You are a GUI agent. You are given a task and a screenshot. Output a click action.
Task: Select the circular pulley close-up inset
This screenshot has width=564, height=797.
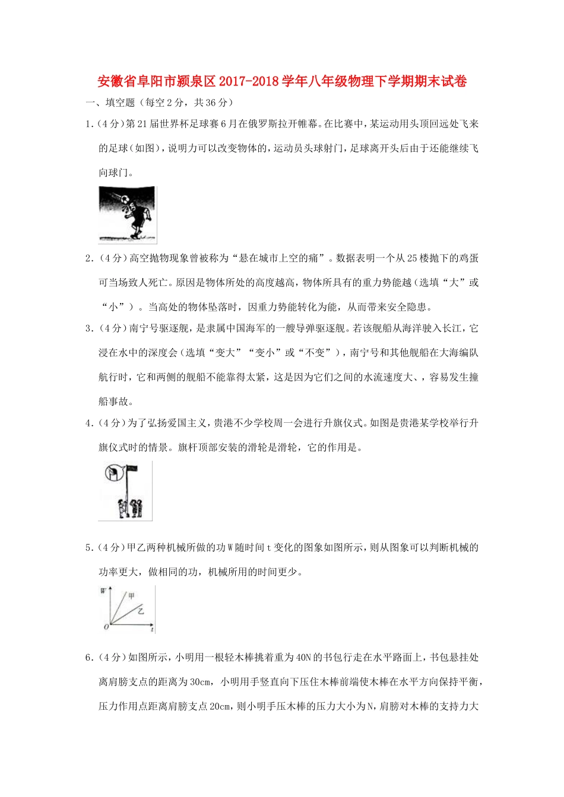pos(112,473)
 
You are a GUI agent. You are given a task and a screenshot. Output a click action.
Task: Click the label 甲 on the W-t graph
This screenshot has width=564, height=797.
pos(132,595)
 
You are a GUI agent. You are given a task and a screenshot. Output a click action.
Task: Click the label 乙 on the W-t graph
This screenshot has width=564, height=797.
pos(141,610)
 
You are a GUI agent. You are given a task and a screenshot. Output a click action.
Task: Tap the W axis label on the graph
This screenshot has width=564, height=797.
pos(103,591)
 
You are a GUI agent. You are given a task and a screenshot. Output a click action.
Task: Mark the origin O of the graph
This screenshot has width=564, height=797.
pos(106,627)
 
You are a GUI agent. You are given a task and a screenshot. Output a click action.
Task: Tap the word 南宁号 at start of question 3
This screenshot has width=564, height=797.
pos(142,328)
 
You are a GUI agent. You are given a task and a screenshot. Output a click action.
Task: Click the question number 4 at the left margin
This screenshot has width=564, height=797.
pos(88,423)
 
